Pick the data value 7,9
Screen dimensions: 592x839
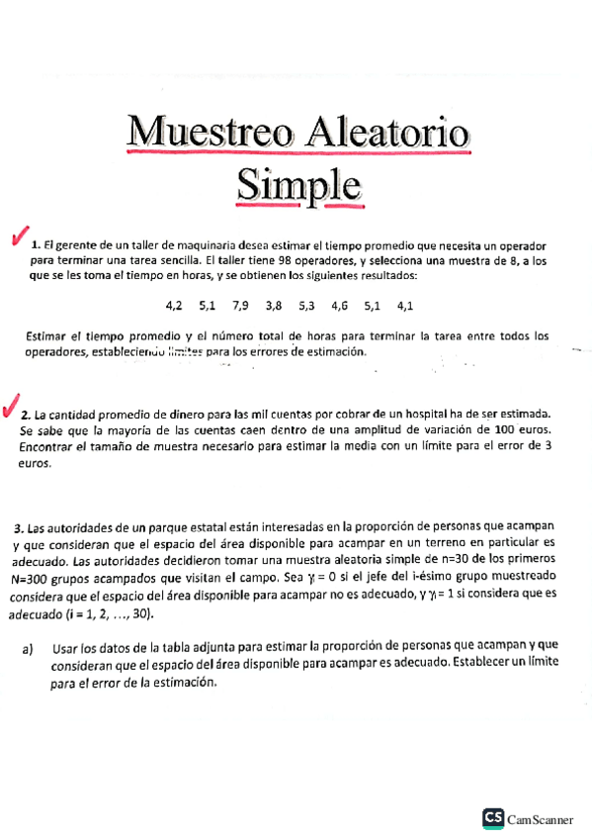(x=241, y=306)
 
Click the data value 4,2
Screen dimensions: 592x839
(x=174, y=306)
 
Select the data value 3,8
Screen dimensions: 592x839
(x=274, y=306)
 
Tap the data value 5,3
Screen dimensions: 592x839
(x=306, y=306)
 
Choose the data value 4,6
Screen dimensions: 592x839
(x=340, y=306)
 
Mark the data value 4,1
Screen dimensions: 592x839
(x=405, y=306)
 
